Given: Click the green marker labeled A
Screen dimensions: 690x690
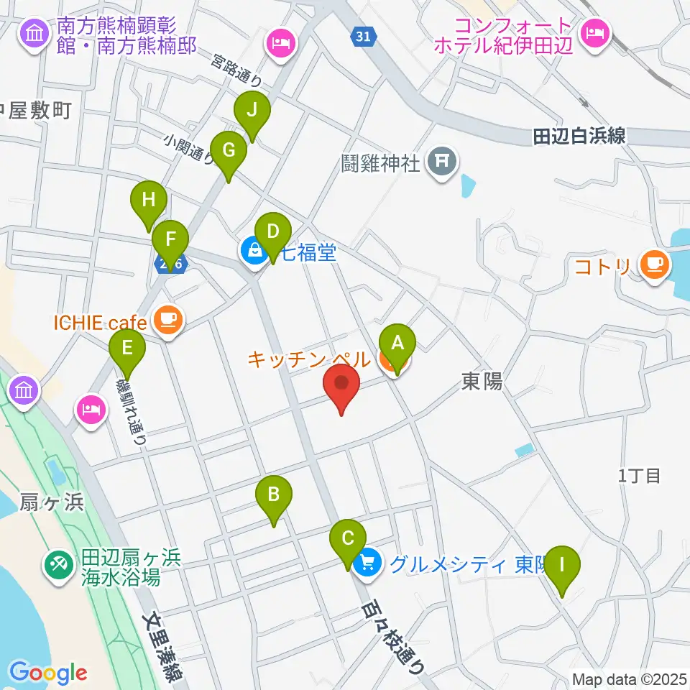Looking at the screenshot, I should (397, 344).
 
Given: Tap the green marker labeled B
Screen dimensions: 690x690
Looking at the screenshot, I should (274, 495).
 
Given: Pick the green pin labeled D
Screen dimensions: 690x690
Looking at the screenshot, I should (272, 233).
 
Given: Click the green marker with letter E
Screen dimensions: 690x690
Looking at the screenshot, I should (127, 349).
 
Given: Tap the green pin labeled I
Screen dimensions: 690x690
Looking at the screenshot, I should (562, 566).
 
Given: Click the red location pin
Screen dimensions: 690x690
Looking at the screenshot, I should (341, 384).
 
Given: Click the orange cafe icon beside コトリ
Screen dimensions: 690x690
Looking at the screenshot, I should (654, 265).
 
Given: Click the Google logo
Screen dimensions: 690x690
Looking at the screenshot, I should (48, 673).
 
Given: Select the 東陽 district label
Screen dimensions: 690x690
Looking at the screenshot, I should (482, 382).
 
